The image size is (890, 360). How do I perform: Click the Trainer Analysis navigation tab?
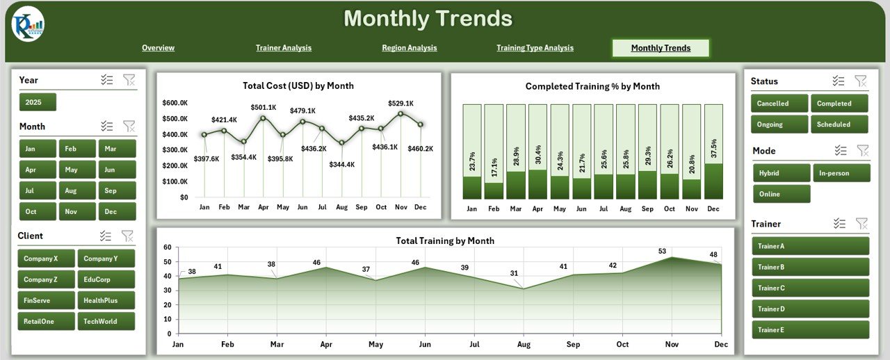284,48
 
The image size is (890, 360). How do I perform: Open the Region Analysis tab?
410,48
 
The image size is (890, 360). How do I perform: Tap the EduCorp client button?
106,279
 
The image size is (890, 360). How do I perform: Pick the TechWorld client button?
106,322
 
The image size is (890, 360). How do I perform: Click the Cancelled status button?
779,104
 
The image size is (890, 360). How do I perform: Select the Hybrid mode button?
781,173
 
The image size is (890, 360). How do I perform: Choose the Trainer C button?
810,288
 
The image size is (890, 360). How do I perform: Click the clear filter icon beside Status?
861,81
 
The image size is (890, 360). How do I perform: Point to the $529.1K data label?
400,103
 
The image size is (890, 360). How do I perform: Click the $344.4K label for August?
342,165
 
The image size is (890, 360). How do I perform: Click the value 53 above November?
662,252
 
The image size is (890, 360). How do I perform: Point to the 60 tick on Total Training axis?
167,247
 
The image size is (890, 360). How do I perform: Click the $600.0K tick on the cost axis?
175,103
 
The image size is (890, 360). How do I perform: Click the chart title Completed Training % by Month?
592,86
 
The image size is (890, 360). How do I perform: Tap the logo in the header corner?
28,25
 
